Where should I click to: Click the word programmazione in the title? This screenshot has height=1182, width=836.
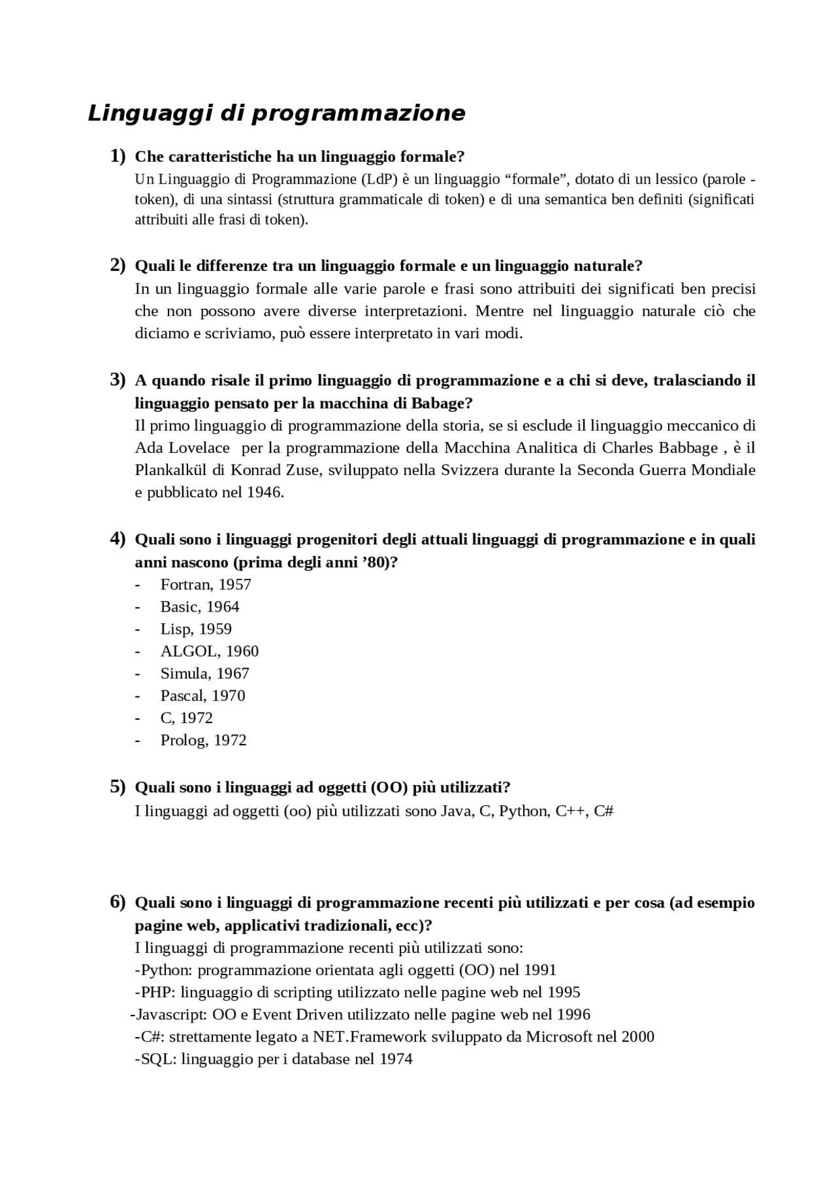pos(358,114)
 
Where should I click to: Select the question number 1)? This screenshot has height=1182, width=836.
pos(118,156)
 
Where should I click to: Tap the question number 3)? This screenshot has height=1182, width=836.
pos(118,379)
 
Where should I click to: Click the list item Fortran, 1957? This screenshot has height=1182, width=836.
pos(206,584)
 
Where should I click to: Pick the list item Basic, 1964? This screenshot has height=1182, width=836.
pos(200,606)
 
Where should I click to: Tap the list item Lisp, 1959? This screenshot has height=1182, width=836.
pos(196,629)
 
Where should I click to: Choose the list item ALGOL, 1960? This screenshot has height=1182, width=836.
pos(210,651)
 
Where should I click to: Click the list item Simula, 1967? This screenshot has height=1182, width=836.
pos(205,673)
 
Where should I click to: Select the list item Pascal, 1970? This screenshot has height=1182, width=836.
pos(203,695)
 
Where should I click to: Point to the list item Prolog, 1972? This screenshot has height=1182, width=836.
pos(204,739)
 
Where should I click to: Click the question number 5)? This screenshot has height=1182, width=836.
pos(118,786)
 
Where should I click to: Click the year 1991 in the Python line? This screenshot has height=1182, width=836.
pos(540,970)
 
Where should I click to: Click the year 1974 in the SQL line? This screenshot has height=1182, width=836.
pos(396,1059)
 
